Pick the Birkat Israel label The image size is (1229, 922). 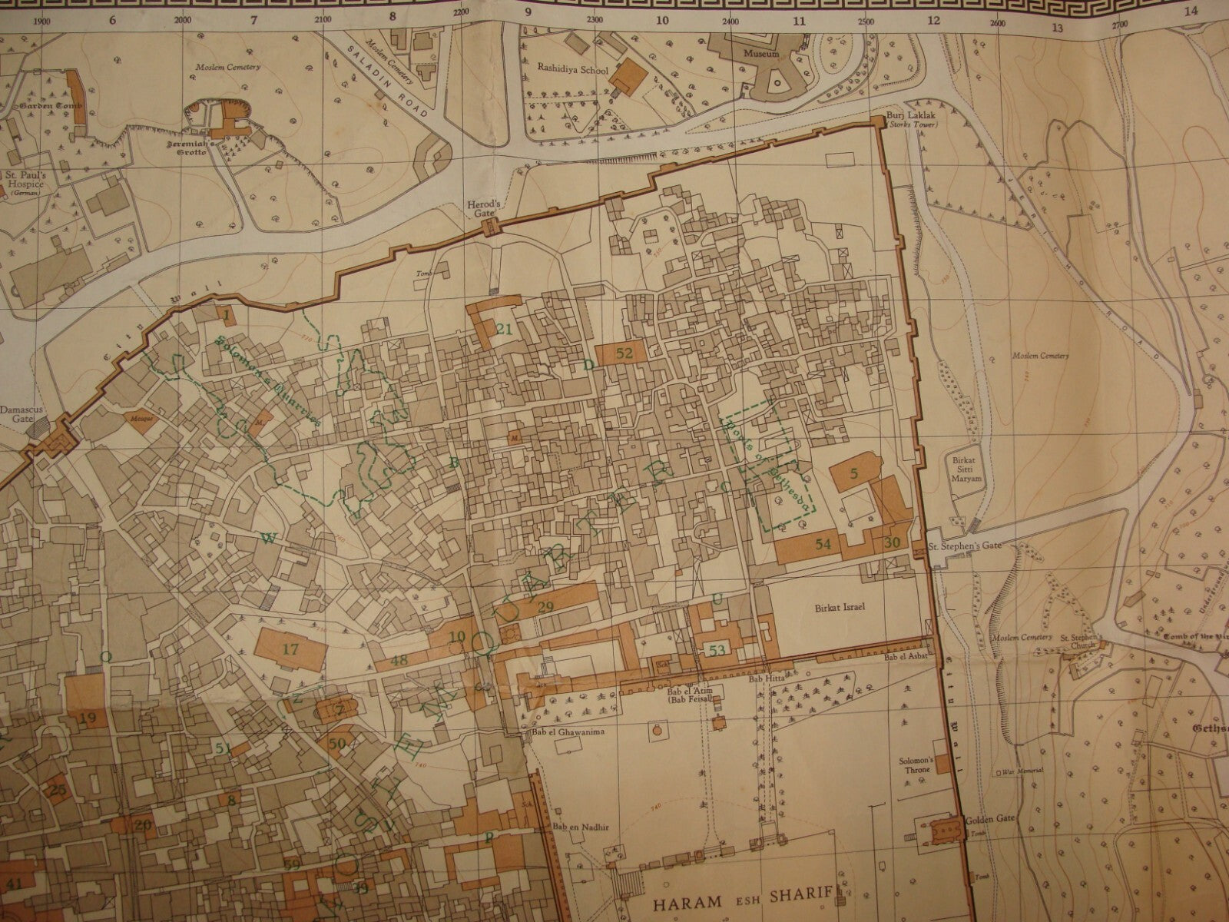coord(840,607)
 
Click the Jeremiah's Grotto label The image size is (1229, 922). coord(202,147)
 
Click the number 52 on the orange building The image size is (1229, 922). coord(624,353)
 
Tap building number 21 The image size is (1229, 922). coord(504,330)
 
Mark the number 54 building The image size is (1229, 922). coord(823,544)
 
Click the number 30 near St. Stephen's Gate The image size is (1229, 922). coord(892,542)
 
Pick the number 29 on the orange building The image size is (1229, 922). coord(546,608)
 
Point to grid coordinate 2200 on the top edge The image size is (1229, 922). coord(462,12)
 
